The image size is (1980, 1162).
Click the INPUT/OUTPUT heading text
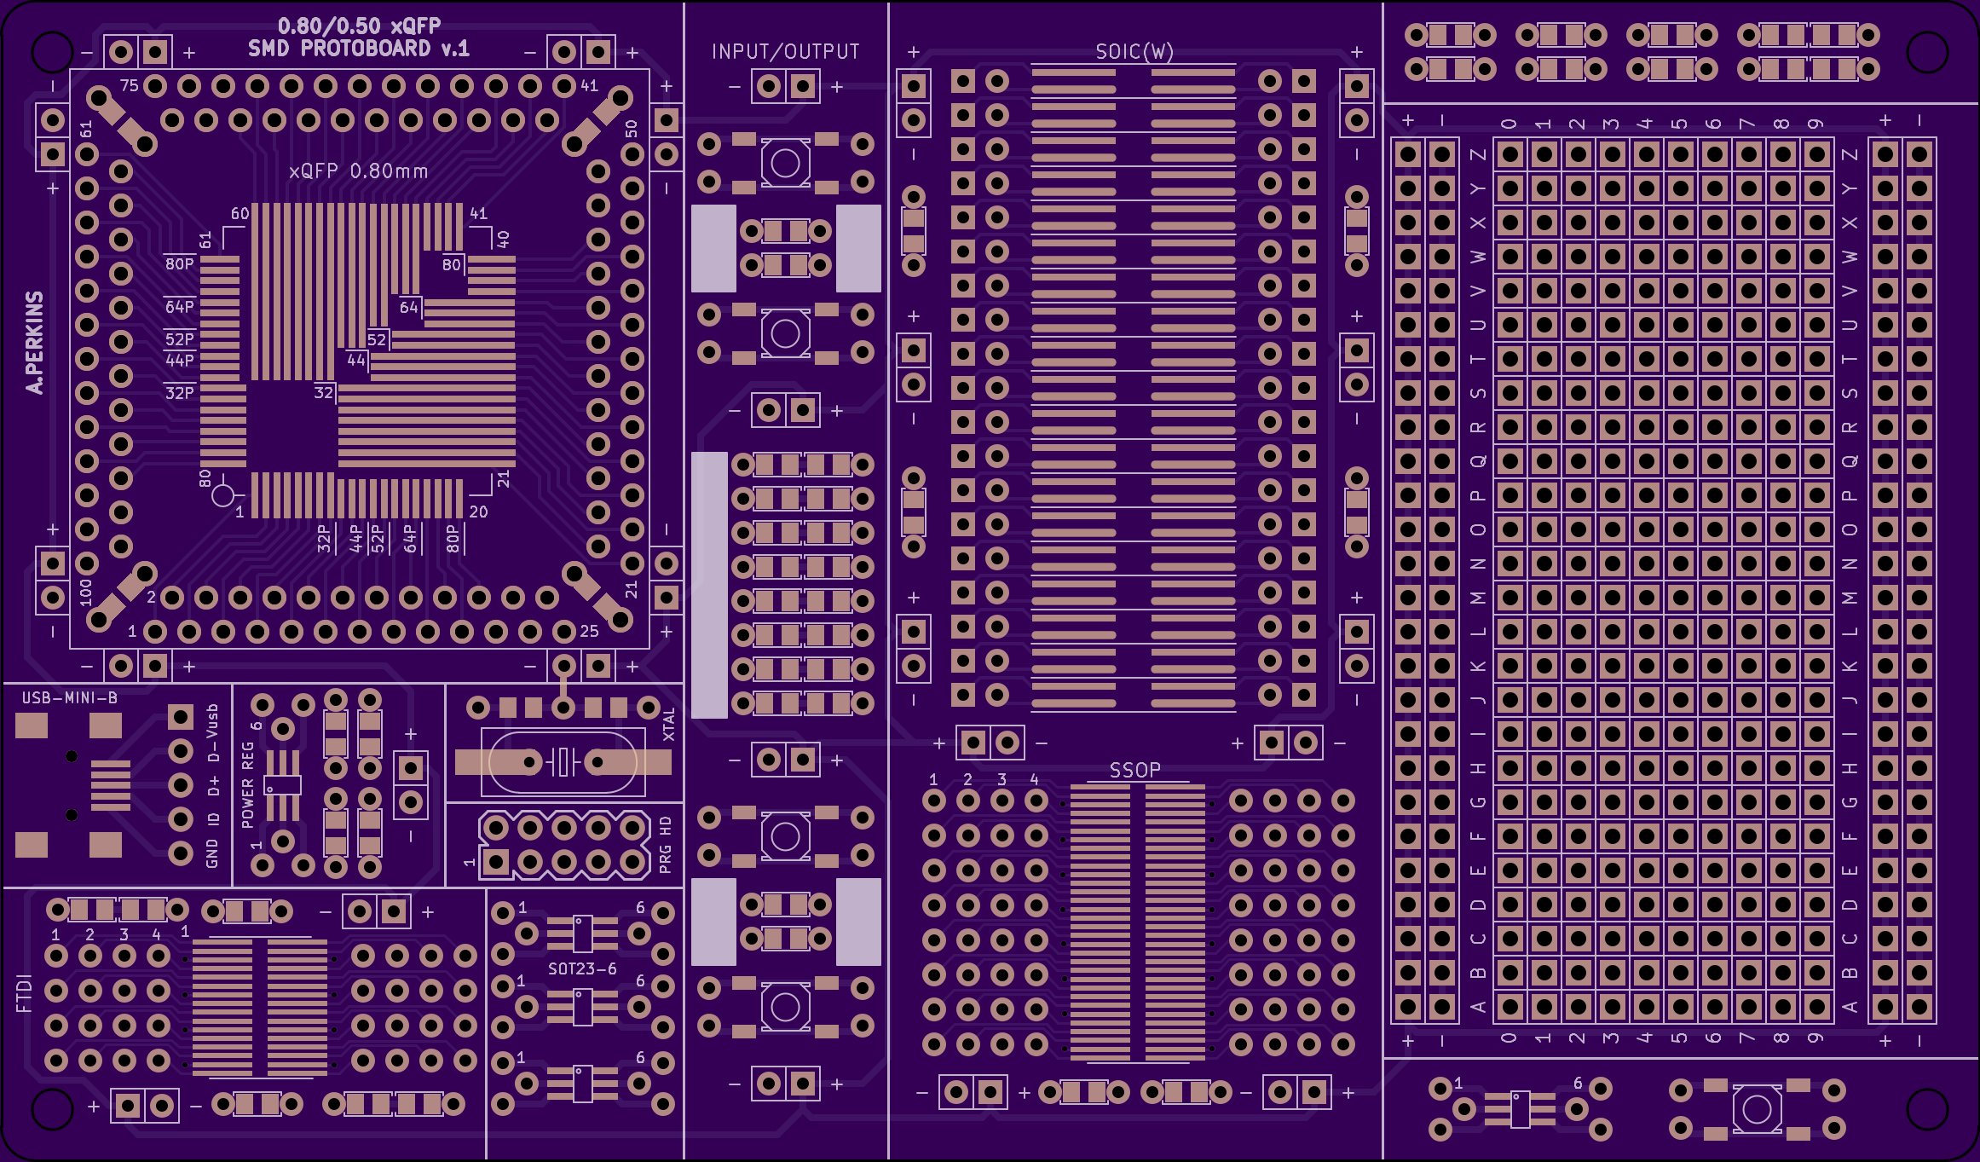coord(785,51)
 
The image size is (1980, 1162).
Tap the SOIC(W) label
coord(1134,52)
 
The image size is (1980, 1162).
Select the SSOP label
coord(1134,770)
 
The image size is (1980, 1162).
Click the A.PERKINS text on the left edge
coord(34,343)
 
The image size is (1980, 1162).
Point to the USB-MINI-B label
coord(70,698)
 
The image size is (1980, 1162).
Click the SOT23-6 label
coord(582,968)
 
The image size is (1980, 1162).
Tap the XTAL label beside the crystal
coord(669,724)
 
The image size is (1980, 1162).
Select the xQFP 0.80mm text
coord(358,171)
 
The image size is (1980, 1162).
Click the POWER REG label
coord(248,784)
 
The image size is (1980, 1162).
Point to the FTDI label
coord(24,993)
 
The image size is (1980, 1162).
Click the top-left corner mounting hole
coord(51,52)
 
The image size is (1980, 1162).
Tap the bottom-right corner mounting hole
coord(1926,1108)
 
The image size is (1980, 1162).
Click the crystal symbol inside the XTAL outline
coord(563,761)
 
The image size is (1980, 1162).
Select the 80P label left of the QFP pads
coord(179,263)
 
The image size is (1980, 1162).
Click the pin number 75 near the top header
coord(129,85)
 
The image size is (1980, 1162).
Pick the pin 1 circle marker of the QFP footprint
coord(222,495)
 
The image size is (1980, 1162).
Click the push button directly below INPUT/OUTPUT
coord(785,162)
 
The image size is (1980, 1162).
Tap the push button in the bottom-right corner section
coord(1757,1109)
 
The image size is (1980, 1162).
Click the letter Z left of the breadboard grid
coord(1478,154)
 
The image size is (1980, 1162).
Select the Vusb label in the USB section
coord(212,721)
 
